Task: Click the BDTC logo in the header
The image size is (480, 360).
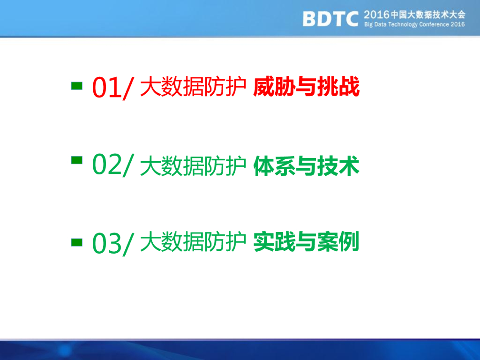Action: click(330, 19)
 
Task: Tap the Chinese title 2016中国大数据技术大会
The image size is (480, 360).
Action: click(414, 15)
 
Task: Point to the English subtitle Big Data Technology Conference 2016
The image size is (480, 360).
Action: click(414, 24)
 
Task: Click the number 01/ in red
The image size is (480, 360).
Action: click(113, 88)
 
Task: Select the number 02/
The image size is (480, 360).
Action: click(113, 165)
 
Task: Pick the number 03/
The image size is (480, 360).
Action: click(113, 243)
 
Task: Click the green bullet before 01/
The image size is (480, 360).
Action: click(77, 86)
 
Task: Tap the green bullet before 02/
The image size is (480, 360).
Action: click(77, 160)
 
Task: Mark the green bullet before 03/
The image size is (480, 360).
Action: click(77, 242)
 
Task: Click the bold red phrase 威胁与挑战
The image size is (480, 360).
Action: click(307, 87)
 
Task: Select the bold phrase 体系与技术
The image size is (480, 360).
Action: click(307, 166)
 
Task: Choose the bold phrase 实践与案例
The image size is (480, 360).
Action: click(307, 242)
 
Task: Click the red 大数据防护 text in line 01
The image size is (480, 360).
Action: click(193, 87)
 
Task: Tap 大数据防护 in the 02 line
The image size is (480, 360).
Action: click(193, 166)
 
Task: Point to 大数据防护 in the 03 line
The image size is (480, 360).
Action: click(193, 242)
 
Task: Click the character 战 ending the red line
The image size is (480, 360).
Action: click(349, 87)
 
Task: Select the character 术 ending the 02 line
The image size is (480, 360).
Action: click(349, 166)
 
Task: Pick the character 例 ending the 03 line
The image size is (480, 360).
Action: click(349, 242)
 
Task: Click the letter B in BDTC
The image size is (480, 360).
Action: click(309, 19)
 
